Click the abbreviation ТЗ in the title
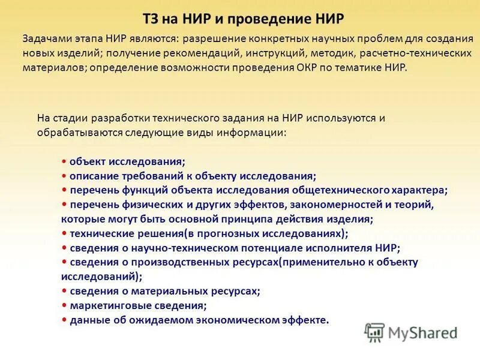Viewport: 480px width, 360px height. click(154, 19)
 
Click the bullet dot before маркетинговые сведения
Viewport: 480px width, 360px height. click(64, 305)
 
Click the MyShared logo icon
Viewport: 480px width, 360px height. click(375, 332)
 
